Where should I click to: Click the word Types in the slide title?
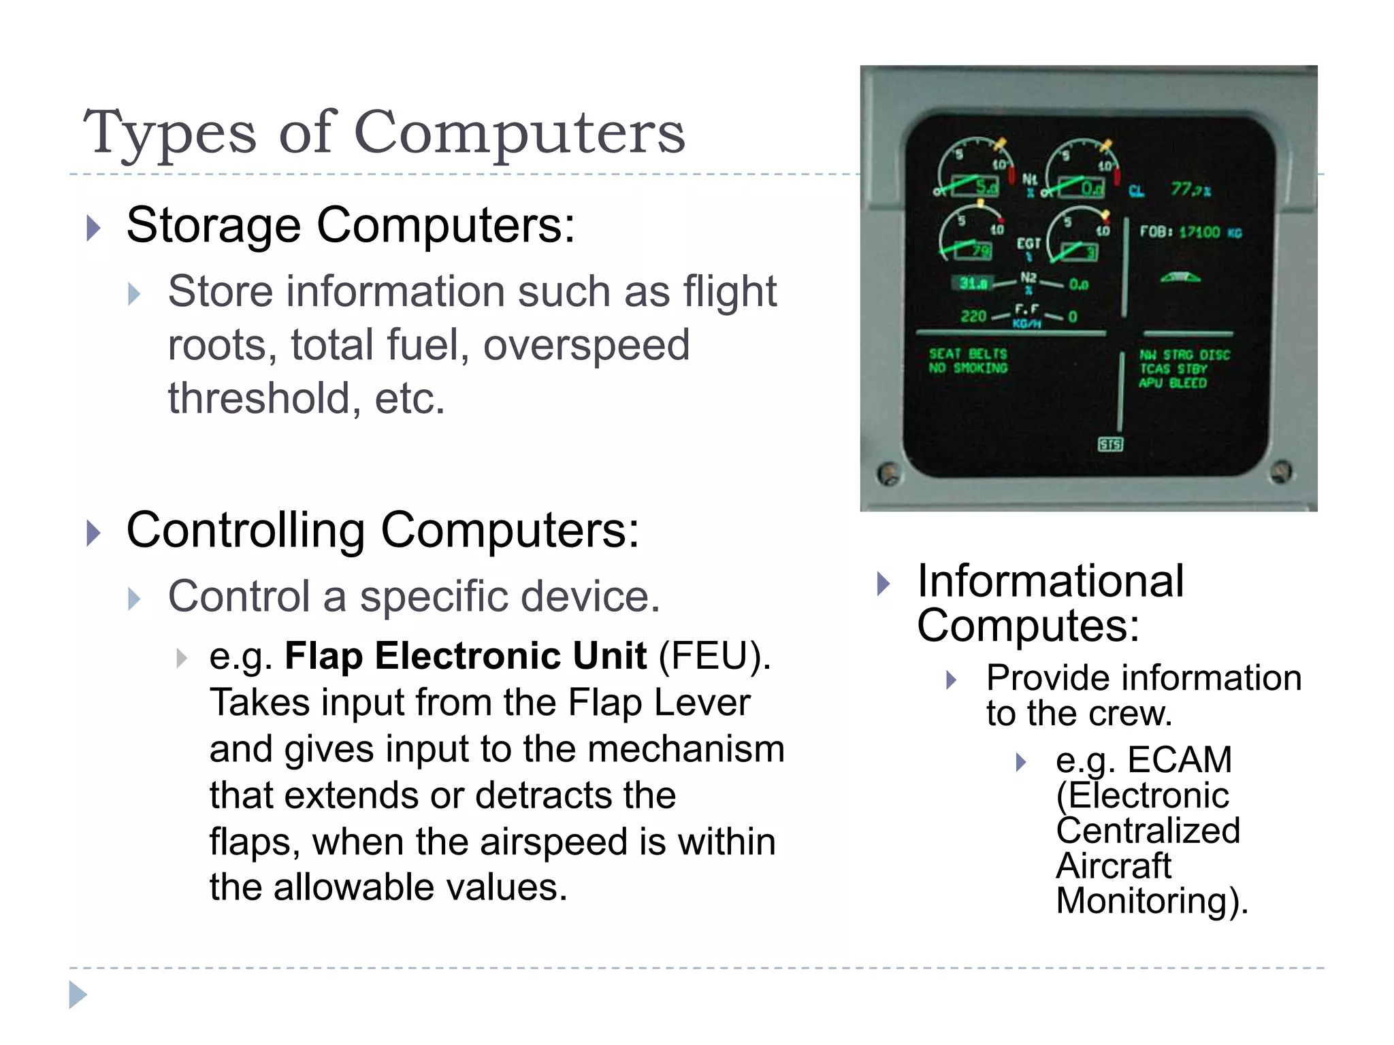pyautogui.click(x=170, y=133)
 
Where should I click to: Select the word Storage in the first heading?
pyautogui.click(x=213, y=225)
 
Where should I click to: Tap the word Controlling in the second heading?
pyautogui.click(x=246, y=530)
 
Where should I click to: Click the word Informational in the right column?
pyautogui.click(x=1050, y=582)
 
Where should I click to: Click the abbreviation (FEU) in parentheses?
pyautogui.click(x=714, y=657)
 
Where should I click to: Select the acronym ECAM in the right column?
pyautogui.click(x=1180, y=760)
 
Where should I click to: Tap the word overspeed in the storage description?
pyautogui.click(x=586, y=345)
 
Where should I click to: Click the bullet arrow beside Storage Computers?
pyautogui.click(x=94, y=228)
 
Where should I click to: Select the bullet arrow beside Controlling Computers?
pyautogui.click(x=94, y=533)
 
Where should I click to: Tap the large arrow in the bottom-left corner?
pyautogui.click(x=78, y=995)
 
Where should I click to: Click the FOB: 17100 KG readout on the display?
pyautogui.click(x=1190, y=233)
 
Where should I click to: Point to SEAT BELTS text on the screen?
pyautogui.click(x=967, y=354)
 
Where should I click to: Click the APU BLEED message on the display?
pyautogui.click(x=1172, y=384)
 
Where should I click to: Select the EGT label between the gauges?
pyautogui.click(x=1028, y=244)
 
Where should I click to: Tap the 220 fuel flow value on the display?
pyautogui.click(x=973, y=316)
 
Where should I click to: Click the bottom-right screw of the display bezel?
pyautogui.click(x=1281, y=471)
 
